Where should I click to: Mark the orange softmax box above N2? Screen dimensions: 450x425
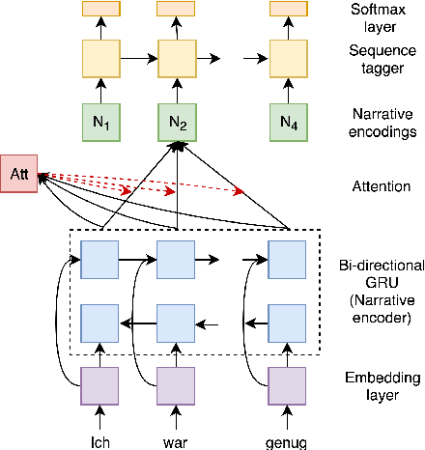pos(176,9)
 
